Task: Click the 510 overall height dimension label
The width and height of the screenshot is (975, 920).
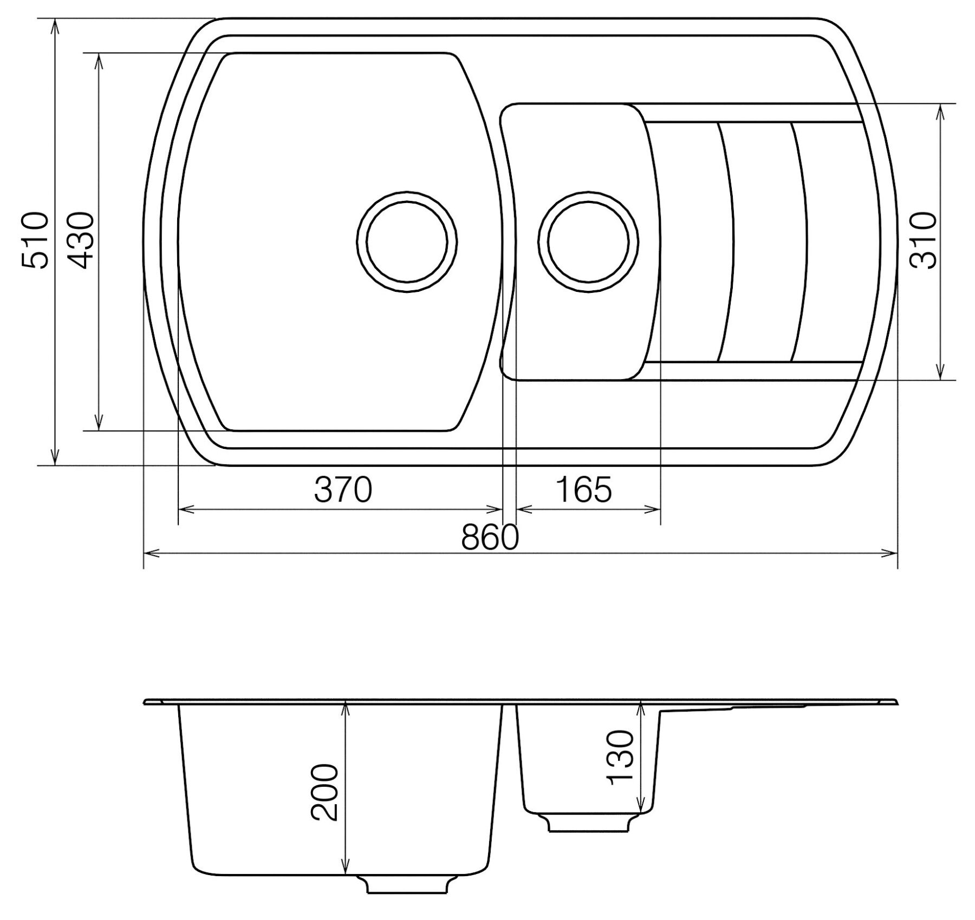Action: click(x=35, y=241)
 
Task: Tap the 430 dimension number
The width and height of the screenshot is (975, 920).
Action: click(x=82, y=241)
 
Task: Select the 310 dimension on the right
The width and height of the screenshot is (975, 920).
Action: click(x=923, y=241)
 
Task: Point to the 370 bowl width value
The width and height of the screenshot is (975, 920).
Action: click(x=343, y=490)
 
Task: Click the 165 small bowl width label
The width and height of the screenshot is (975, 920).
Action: click(x=583, y=490)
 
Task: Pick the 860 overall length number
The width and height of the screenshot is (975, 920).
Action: click(x=490, y=538)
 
